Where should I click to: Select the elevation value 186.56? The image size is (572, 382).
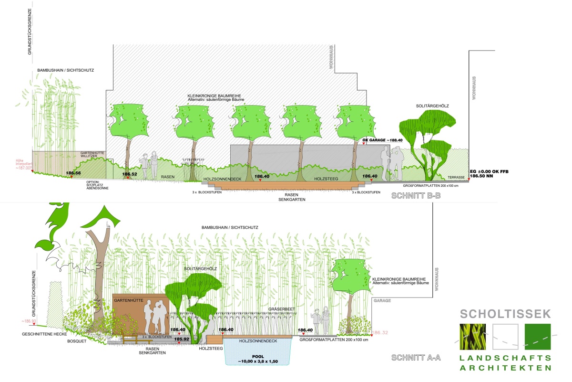(73, 173)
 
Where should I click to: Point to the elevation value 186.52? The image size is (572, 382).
(129, 174)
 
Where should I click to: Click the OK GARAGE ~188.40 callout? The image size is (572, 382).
(383, 140)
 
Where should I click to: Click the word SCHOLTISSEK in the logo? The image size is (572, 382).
(505, 314)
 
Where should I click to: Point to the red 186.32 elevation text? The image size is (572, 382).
(380, 332)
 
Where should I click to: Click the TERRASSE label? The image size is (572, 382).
(456, 177)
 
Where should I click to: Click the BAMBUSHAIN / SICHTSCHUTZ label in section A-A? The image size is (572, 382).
(229, 227)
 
